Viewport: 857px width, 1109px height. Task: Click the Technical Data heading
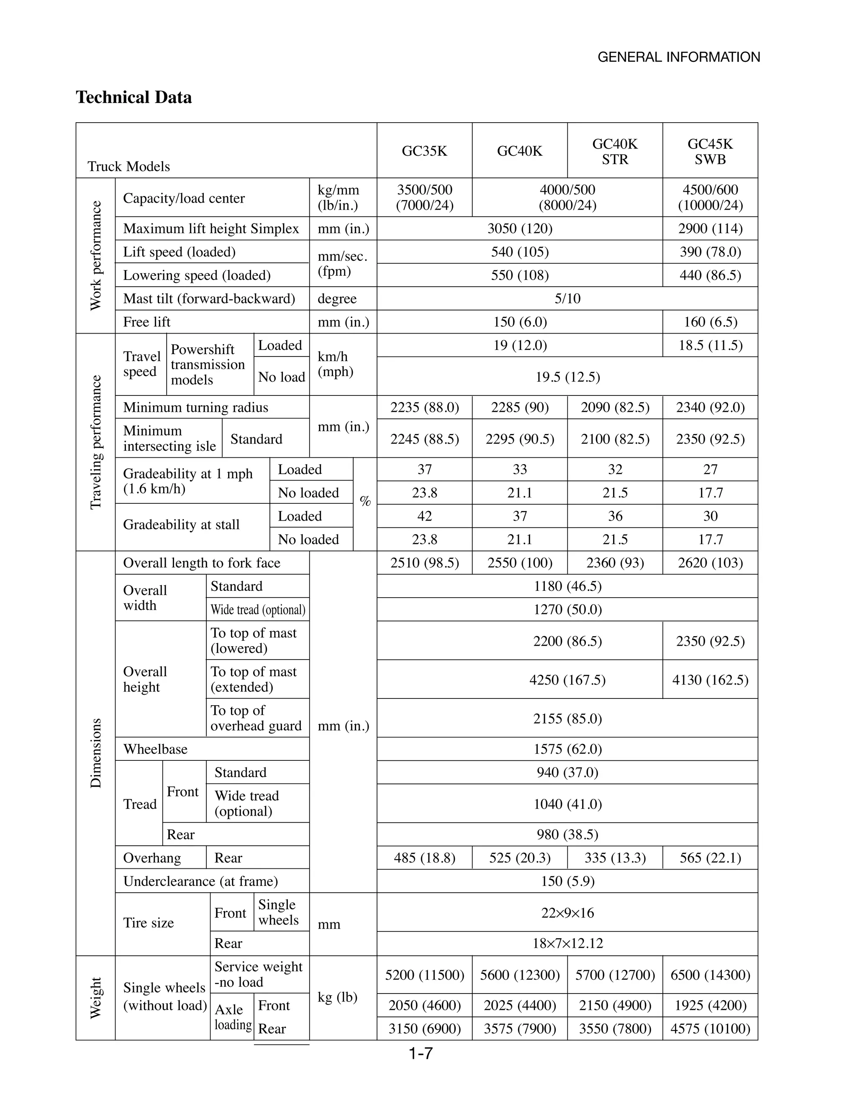tap(133, 97)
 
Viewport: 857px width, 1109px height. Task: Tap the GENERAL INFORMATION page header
tap(678, 57)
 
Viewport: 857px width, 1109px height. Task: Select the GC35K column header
tap(424, 151)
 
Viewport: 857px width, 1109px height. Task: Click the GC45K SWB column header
tap(710, 151)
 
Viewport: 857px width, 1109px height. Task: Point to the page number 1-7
tap(421, 1054)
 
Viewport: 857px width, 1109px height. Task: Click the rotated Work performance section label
tap(95, 255)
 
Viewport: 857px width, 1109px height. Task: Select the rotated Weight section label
tap(95, 998)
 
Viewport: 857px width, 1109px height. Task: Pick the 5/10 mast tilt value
tap(567, 298)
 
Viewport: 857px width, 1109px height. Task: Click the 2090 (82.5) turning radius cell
tap(615, 407)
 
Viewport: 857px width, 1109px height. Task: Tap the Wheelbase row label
tap(155, 749)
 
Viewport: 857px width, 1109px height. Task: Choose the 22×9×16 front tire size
tap(567, 912)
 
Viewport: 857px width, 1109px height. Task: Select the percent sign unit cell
tap(365, 502)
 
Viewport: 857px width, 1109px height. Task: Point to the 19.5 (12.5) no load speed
tap(567, 377)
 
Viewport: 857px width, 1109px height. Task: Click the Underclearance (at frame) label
tap(200, 881)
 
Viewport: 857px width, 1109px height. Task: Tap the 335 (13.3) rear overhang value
tap(615, 857)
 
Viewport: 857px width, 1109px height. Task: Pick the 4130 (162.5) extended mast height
tap(710, 679)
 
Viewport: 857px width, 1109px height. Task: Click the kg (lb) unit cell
tap(337, 997)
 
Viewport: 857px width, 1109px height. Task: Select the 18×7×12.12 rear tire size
tap(567, 943)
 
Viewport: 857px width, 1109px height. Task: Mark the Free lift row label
tap(147, 322)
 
